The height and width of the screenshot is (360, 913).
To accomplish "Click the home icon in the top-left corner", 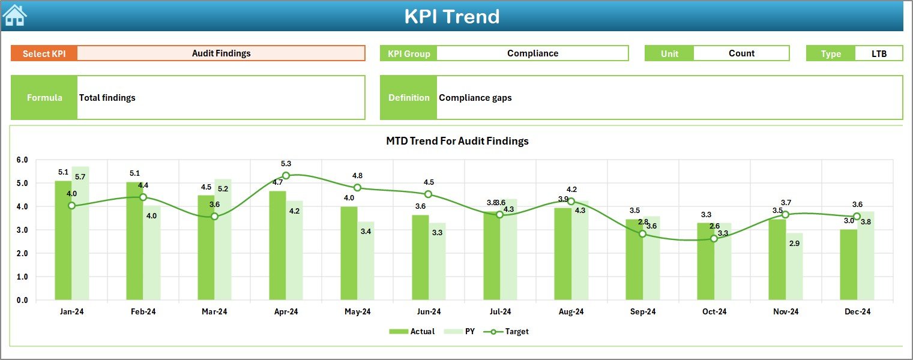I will pyautogui.click(x=14, y=15).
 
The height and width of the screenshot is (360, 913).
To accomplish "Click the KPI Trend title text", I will pyautogui.click(x=451, y=16).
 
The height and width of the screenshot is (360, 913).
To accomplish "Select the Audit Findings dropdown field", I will pyautogui.click(x=221, y=53).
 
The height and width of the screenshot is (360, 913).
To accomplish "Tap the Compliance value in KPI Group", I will pyautogui.click(x=532, y=53).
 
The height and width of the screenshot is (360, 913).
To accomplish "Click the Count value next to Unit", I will pyautogui.click(x=741, y=53).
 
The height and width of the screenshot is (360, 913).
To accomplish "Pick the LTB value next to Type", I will pyautogui.click(x=879, y=53).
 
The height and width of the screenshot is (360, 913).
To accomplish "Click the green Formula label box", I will pyautogui.click(x=44, y=97).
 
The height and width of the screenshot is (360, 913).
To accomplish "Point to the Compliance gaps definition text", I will pyautogui.click(x=475, y=97).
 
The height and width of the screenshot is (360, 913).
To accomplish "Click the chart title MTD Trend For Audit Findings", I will pyautogui.click(x=457, y=141).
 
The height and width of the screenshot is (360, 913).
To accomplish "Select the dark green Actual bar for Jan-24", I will pyautogui.click(x=63, y=240).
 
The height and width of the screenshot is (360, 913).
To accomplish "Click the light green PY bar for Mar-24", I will pyautogui.click(x=223, y=239).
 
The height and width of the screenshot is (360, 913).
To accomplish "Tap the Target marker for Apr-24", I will pyautogui.click(x=286, y=176).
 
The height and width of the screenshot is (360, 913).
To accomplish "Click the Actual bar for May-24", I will pyautogui.click(x=349, y=253).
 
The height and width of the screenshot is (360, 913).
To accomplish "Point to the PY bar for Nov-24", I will pyautogui.click(x=794, y=266).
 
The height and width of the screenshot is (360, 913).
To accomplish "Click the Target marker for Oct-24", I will pyautogui.click(x=714, y=239).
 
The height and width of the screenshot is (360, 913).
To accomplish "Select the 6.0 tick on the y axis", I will pyautogui.click(x=22, y=160).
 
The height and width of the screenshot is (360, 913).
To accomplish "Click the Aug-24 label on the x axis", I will pyautogui.click(x=571, y=311).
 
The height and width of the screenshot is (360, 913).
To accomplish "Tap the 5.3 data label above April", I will pyautogui.click(x=286, y=163).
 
